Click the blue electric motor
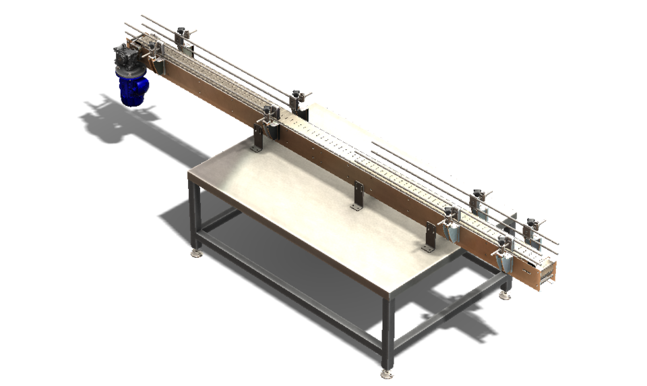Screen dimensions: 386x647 (x=133, y=88)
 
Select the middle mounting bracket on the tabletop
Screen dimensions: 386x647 (x=357, y=196)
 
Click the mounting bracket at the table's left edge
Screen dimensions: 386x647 (x=258, y=138)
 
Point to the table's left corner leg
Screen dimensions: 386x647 (x=195, y=216)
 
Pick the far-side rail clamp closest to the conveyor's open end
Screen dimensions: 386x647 (x=532, y=226)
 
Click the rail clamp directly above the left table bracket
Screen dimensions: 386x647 (x=270, y=116)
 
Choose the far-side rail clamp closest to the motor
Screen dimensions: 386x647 (x=181, y=34)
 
